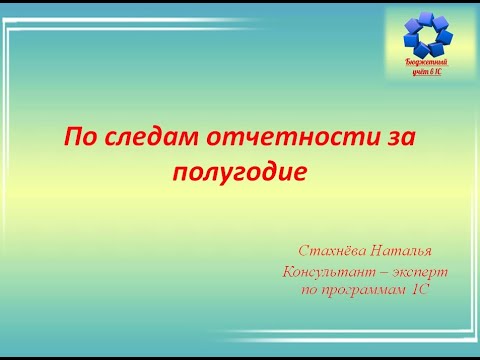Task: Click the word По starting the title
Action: tap(81, 136)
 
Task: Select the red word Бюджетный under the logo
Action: tap(423, 62)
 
